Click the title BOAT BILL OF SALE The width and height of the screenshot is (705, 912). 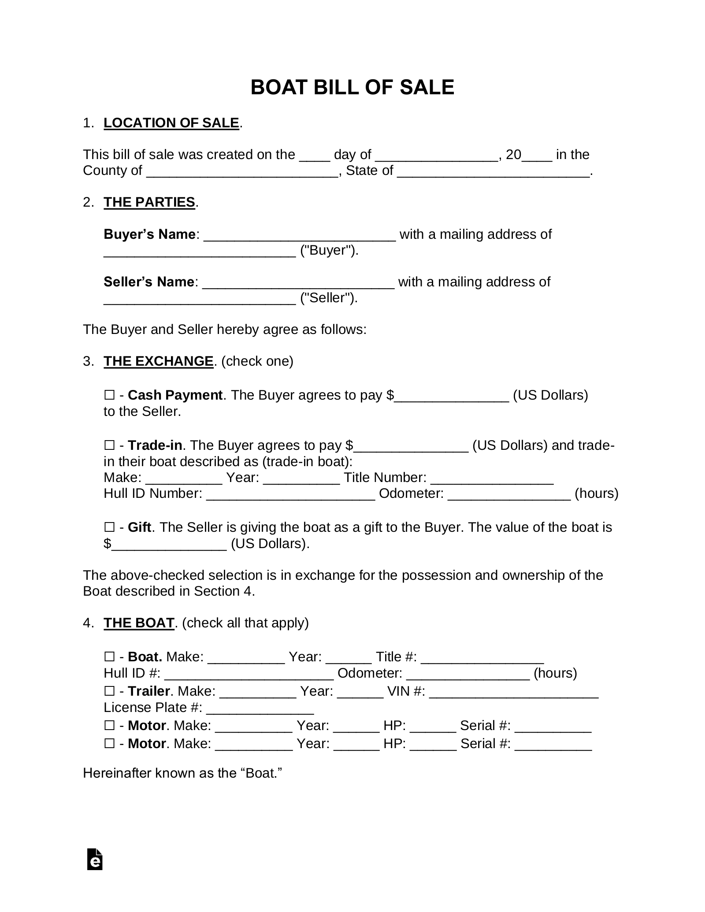click(x=352, y=87)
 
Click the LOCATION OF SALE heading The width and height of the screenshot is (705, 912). click(x=171, y=123)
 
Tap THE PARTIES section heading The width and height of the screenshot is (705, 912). click(x=149, y=202)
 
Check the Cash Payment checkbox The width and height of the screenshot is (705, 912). click(x=109, y=395)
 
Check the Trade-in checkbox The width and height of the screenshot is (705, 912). click(x=109, y=445)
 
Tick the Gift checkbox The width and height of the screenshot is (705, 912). click(x=109, y=527)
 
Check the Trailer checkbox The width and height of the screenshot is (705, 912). click(x=109, y=691)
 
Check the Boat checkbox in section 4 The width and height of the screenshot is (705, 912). click(x=109, y=657)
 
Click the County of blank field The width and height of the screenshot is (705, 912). click(x=242, y=172)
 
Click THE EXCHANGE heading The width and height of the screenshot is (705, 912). click(x=159, y=361)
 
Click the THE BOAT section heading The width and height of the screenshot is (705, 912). click(x=139, y=623)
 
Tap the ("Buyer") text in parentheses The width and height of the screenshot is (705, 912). click(x=329, y=250)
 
